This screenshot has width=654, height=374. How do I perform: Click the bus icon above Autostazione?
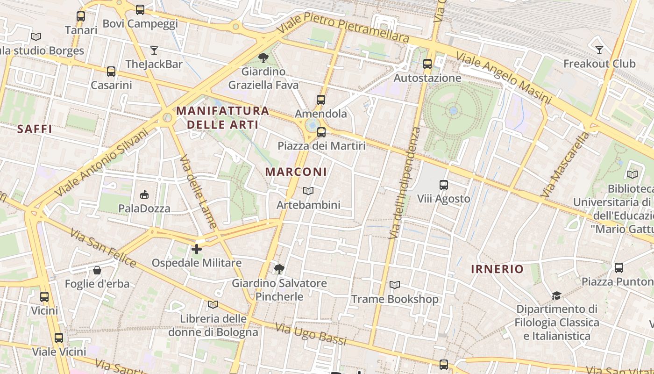point(427,64)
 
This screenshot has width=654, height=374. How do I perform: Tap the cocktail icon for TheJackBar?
point(154,50)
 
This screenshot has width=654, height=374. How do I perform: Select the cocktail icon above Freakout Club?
point(599,50)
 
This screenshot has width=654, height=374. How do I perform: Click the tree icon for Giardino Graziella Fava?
point(263,58)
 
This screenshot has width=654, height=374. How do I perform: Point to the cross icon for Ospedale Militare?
point(197,249)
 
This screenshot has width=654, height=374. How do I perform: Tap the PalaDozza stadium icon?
point(144,194)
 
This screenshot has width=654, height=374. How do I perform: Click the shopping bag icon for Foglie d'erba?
point(97,270)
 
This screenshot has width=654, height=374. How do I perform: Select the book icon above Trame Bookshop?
point(395,285)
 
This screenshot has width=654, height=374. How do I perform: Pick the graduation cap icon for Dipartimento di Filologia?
point(556,295)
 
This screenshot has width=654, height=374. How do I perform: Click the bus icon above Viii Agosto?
point(444,185)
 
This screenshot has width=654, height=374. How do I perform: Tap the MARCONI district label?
point(296,172)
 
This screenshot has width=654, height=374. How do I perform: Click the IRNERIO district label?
point(497,269)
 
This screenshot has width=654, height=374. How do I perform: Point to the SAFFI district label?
point(35,129)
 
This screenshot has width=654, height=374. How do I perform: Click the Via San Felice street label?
point(103,248)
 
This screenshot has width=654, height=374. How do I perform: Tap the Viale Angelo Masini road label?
point(504,78)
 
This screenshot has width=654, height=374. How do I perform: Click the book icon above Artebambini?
point(308,191)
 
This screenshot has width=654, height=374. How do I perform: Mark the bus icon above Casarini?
point(111,72)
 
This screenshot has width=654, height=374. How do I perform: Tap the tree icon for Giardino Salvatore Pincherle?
point(279,269)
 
